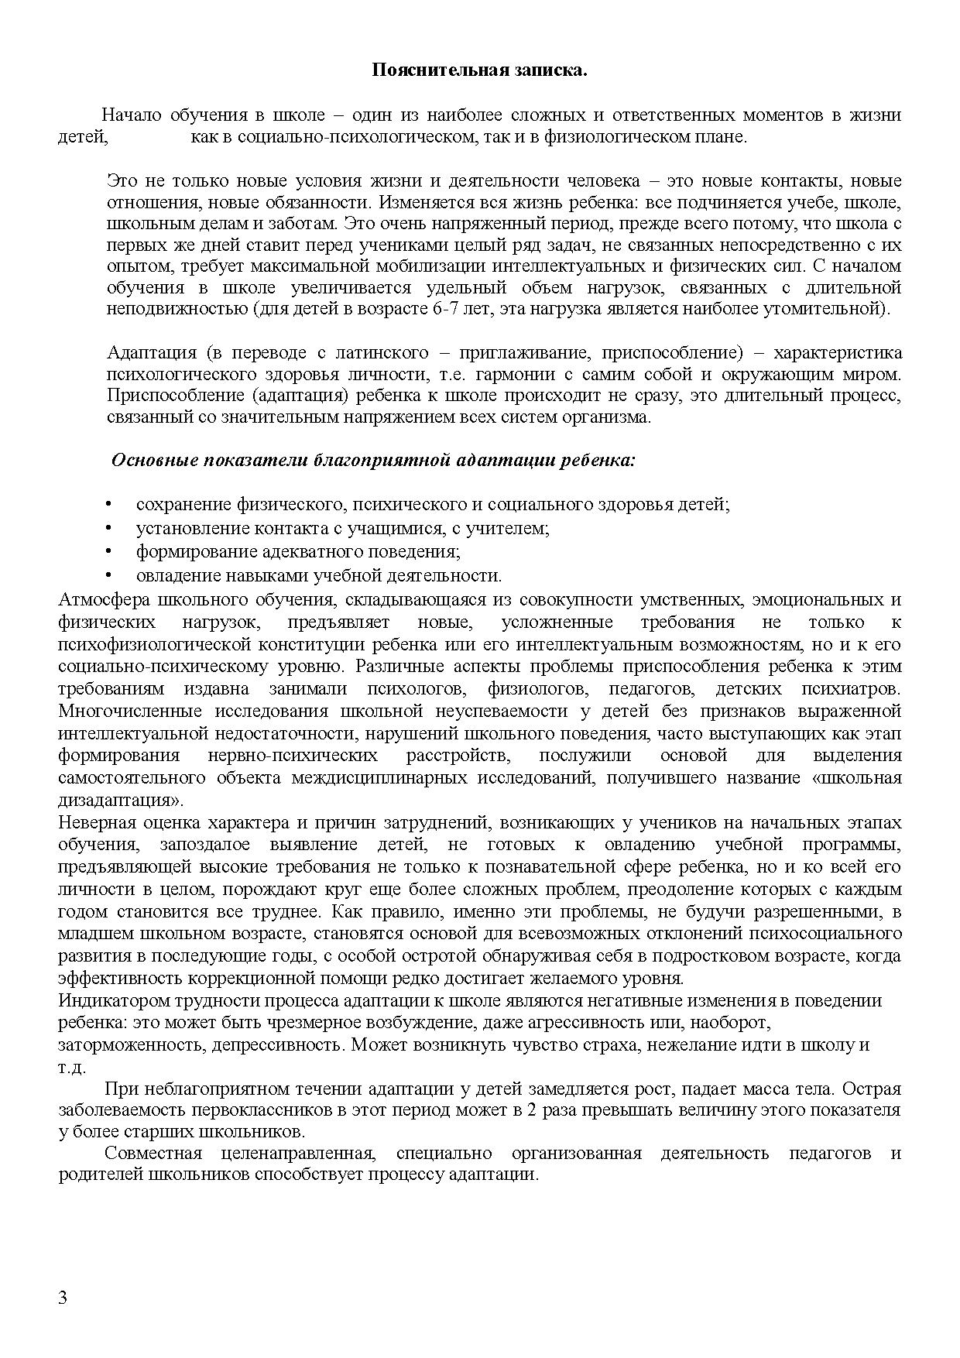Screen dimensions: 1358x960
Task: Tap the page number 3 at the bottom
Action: [x=63, y=1298]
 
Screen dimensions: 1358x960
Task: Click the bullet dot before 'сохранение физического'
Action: [x=109, y=505]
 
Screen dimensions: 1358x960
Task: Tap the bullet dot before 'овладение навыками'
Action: [x=109, y=575]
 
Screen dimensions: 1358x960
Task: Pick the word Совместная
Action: [x=153, y=1154]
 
